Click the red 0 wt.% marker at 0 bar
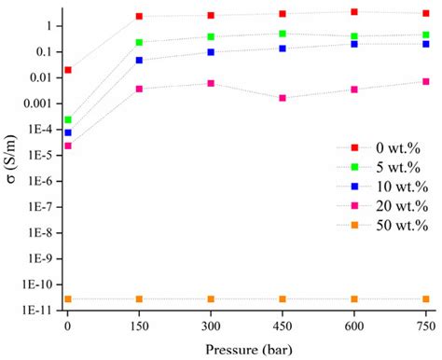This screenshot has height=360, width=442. point(68,70)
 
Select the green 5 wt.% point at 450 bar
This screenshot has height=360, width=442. point(283,34)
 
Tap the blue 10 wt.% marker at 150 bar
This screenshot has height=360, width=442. point(139,60)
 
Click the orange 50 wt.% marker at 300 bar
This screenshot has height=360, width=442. point(211,299)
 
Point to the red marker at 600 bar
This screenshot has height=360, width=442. point(354,12)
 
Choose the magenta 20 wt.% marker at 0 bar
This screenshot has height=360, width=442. point(68,145)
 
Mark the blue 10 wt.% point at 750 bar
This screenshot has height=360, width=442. point(426,44)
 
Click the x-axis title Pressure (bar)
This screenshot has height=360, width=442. point(246,348)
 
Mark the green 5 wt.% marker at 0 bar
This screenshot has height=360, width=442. point(68,119)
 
